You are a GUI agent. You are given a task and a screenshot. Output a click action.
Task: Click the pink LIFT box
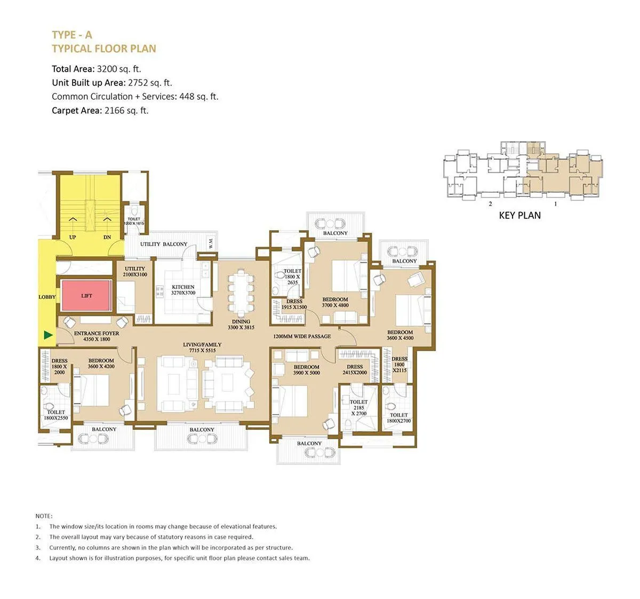click(x=86, y=295)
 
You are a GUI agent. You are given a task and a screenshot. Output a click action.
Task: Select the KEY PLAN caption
click(x=519, y=216)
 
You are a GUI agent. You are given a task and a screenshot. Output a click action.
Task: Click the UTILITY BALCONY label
click(x=164, y=244)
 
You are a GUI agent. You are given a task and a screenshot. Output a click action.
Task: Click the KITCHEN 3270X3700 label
click(x=183, y=290)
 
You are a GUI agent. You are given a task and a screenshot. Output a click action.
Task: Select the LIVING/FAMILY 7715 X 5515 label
click(x=202, y=348)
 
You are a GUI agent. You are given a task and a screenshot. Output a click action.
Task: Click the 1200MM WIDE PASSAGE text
click(x=302, y=336)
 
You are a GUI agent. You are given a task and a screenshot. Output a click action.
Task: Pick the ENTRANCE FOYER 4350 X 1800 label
click(x=97, y=336)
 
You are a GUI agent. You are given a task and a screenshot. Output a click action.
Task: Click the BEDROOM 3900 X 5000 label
click(x=306, y=369)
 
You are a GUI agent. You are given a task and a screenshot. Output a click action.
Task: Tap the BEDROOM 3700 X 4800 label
click(x=335, y=302)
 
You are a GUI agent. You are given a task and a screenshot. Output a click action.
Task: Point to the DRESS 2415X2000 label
click(x=355, y=369)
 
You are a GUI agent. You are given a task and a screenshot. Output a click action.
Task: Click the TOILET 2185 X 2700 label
click(x=358, y=407)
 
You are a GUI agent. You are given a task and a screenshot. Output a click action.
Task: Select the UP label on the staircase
click(x=73, y=237)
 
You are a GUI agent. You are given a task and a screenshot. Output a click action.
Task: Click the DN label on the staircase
click(x=107, y=237)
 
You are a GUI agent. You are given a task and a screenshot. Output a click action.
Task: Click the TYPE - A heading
click(x=72, y=35)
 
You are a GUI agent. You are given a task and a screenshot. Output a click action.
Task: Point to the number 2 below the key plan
click(x=490, y=204)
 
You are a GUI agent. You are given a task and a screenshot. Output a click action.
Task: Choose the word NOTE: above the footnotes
click(x=44, y=516)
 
